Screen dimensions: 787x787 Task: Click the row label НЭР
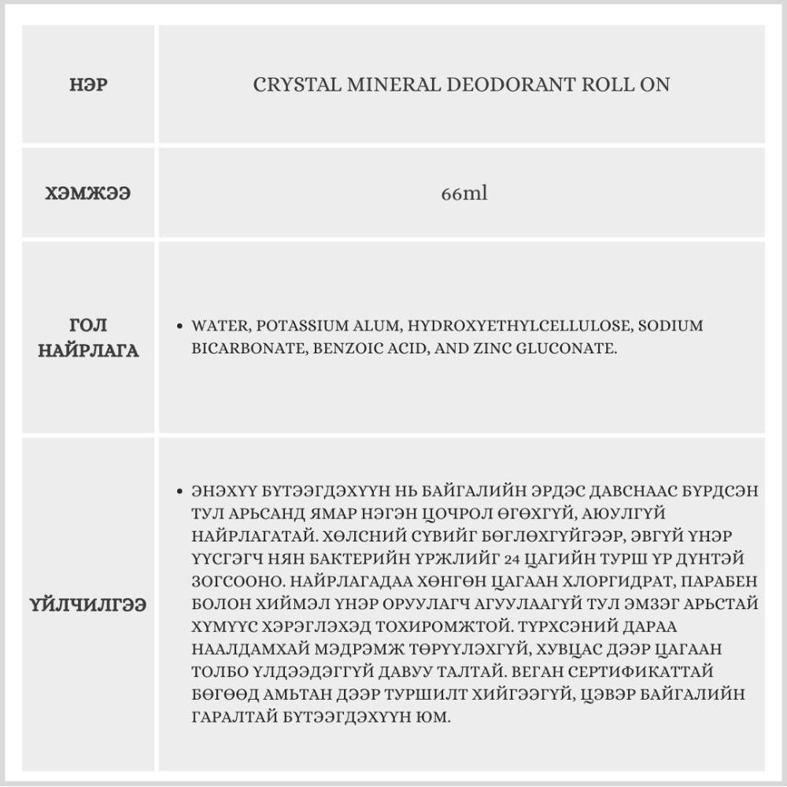click(x=88, y=84)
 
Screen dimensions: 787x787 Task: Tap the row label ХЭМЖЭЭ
click(x=88, y=193)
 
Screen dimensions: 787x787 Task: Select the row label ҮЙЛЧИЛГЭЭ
click(x=88, y=606)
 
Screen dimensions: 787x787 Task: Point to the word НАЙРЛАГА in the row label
click(x=88, y=351)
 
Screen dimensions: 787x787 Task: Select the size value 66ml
click(x=464, y=193)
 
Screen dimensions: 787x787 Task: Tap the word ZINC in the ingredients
click(x=486, y=348)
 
